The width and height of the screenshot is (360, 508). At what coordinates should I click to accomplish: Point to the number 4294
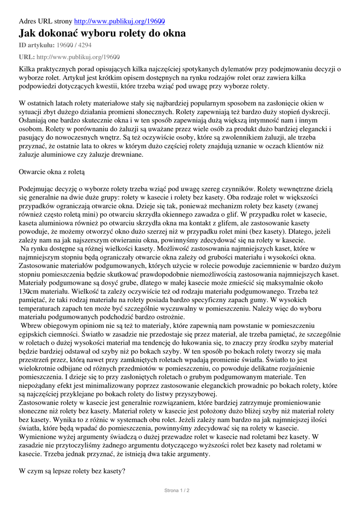point(83,45)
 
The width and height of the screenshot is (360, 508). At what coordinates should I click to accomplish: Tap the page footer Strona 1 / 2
point(177,490)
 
